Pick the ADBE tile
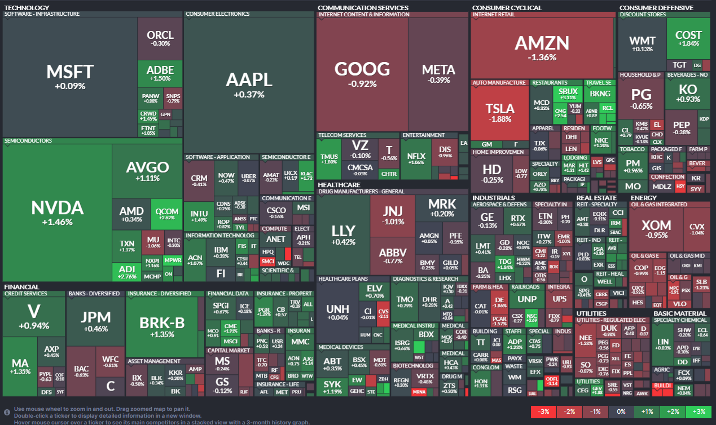(160, 73)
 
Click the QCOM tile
(167, 214)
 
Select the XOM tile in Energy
(657, 228)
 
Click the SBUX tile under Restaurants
(568, 94)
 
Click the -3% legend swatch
(543, 412)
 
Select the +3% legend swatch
(699, 412)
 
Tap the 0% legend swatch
(621, 412)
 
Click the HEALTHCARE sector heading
(339, 184)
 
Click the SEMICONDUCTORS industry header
(28, 141)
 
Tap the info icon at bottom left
(7, 412)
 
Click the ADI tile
(127, 273)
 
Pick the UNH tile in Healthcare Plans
(337, 313)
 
